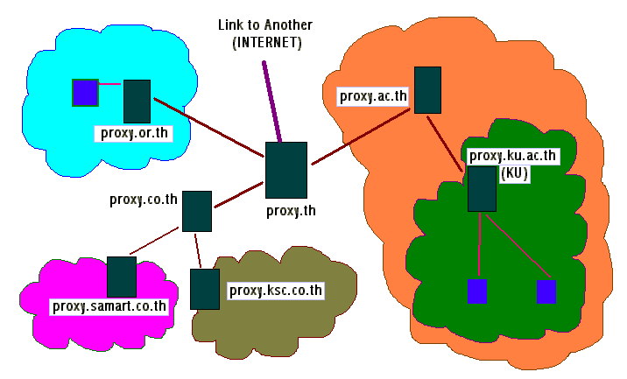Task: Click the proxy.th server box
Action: pos(286,170)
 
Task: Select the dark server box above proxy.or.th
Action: pos(137,101)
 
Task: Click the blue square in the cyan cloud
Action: pos(85,92)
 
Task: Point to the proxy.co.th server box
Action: pos(197,211)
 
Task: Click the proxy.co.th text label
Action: pos(144,199)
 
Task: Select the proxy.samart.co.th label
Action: pos(109,305)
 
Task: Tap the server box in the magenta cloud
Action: pos(122,277)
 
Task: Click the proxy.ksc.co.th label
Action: pos(276,290)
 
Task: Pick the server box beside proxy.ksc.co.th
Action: pos(205,289)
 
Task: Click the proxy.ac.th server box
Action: pos(427,89)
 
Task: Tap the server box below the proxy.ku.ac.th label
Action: pos(482,189)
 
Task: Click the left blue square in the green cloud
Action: pos(477,291)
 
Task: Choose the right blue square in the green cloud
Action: pos(546,291)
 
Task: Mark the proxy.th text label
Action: pos(291,210)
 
